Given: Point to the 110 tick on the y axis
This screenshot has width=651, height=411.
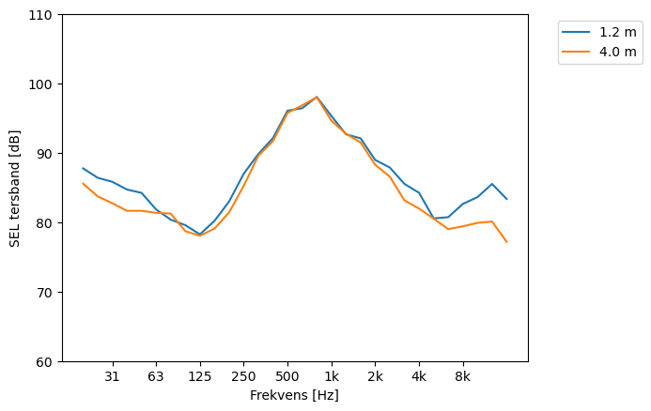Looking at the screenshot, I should (43, 15).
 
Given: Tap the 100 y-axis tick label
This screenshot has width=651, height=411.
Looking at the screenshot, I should (43, 84).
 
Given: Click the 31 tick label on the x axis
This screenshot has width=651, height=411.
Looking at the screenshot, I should (112, 376).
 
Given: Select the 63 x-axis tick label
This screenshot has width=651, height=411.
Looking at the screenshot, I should (156, 376).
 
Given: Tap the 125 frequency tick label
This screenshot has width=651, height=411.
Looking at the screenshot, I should (199, 376).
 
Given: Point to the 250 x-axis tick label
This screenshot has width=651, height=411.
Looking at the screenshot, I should (243, 376).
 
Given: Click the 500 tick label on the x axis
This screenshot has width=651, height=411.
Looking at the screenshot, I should (287, 376).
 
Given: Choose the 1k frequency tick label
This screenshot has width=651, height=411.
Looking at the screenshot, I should (332, 376).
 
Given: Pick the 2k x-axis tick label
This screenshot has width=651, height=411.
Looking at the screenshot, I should (375, 376).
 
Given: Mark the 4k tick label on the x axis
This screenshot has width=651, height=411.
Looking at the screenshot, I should (419, 376).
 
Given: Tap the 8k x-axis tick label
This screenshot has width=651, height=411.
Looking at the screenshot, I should (463, 376).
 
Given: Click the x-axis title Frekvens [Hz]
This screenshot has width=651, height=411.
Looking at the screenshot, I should (294, 395).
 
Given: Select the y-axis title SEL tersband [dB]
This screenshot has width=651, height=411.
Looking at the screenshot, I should (15, 188).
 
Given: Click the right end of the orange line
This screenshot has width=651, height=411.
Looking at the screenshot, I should (506, 242).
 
